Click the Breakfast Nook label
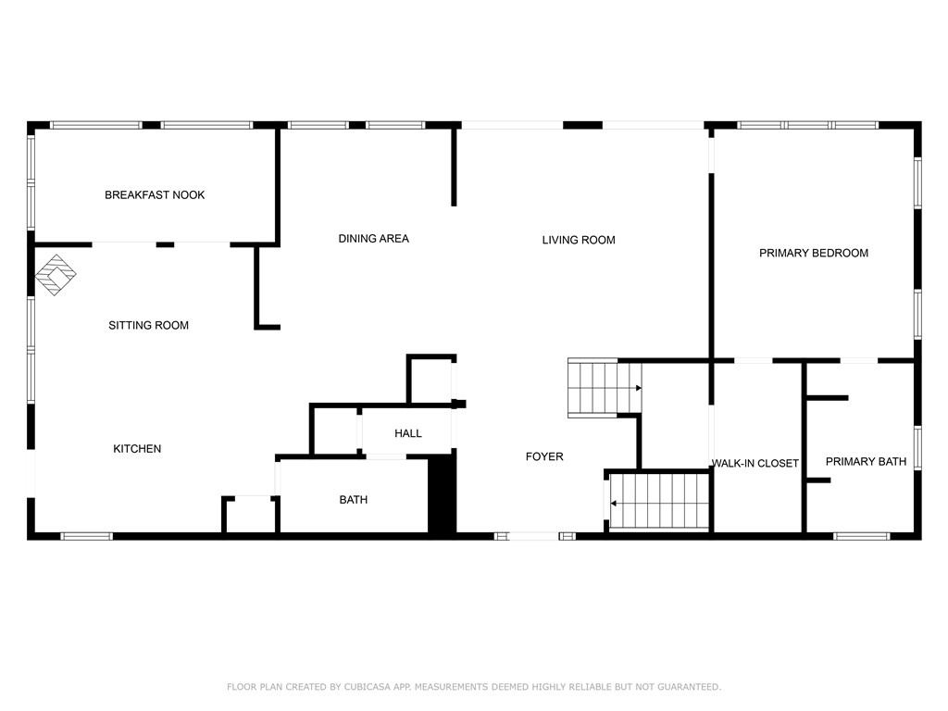tap(155, 195)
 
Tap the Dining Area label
tap(373, 239)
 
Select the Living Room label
tap(579, 241)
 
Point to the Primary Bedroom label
tap(814, 253)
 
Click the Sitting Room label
tap(148, 326)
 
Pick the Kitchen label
tap(137, 449)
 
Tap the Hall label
tap(408, 433)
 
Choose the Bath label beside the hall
tap(353, 500)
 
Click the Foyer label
tap(544, 456)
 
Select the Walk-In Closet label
tap(755, 464)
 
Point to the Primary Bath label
tap(866, 461)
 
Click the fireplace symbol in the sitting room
tap(56, 275)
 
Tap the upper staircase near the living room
tap(597, 389)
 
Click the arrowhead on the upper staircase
tap(638, 389)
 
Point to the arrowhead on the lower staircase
tap(614, 504)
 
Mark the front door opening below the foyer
tap(535, 536)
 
